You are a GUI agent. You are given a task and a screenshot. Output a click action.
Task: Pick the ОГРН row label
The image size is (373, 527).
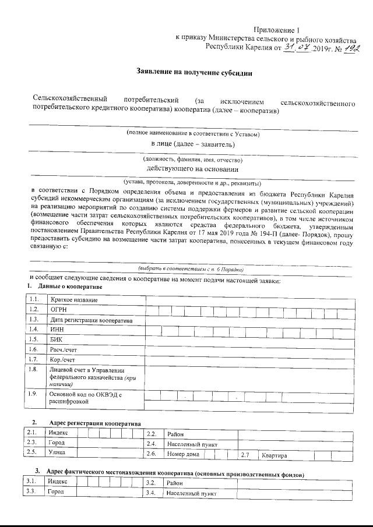[60, 309]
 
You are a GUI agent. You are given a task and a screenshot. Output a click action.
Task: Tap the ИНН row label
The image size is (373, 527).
[57, 329]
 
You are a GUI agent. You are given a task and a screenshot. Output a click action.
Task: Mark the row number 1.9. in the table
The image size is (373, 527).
[34, 394]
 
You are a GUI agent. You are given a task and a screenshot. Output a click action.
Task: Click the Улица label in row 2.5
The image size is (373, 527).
[57, 452]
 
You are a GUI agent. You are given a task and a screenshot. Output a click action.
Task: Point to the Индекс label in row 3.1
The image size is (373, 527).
[58, 482]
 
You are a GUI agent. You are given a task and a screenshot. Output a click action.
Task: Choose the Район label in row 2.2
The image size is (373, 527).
[175, 434]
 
